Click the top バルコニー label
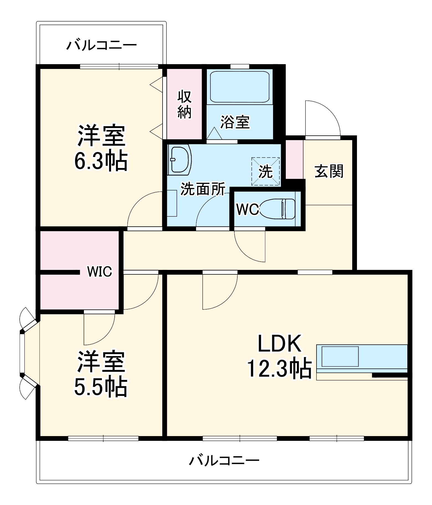tap(101, 45)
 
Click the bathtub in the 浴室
tap(240, 87)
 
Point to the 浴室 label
tap(235, 122)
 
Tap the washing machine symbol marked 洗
tap(265, 172)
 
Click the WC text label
tap(247, 210)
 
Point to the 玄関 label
tap(329, 171)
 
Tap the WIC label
tap(99, 272)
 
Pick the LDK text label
tap(279, 344)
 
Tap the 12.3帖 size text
tap(279, 369)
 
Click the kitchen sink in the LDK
tap(340, 356)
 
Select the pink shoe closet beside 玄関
tap(294, 159)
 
